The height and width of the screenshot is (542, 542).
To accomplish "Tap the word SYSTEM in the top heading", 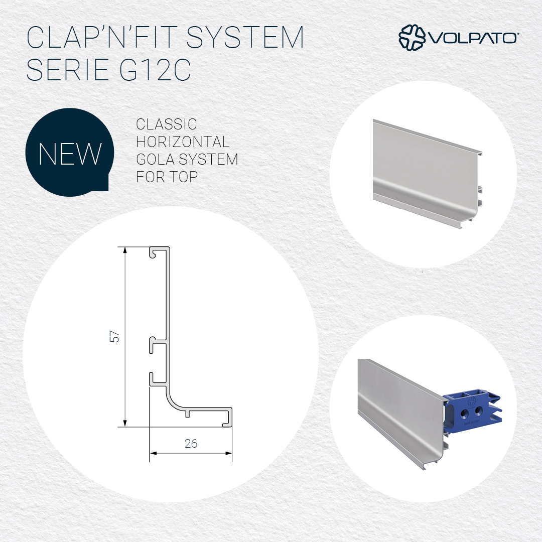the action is [x=245, y=37].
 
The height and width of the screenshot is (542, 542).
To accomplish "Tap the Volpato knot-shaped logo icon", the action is [x=412, y=37].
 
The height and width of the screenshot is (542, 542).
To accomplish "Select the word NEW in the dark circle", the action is [x=70, y=154].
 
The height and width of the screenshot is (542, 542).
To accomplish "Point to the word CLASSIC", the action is [x=166, y=124].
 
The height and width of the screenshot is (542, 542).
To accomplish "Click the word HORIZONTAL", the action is [x=183, y=142].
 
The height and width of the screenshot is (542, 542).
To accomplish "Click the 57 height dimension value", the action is [x=114, y=337].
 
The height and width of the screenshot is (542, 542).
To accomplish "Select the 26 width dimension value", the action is [x=191, y=444].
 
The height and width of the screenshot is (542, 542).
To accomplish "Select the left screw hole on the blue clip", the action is [x=464, y=413].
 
